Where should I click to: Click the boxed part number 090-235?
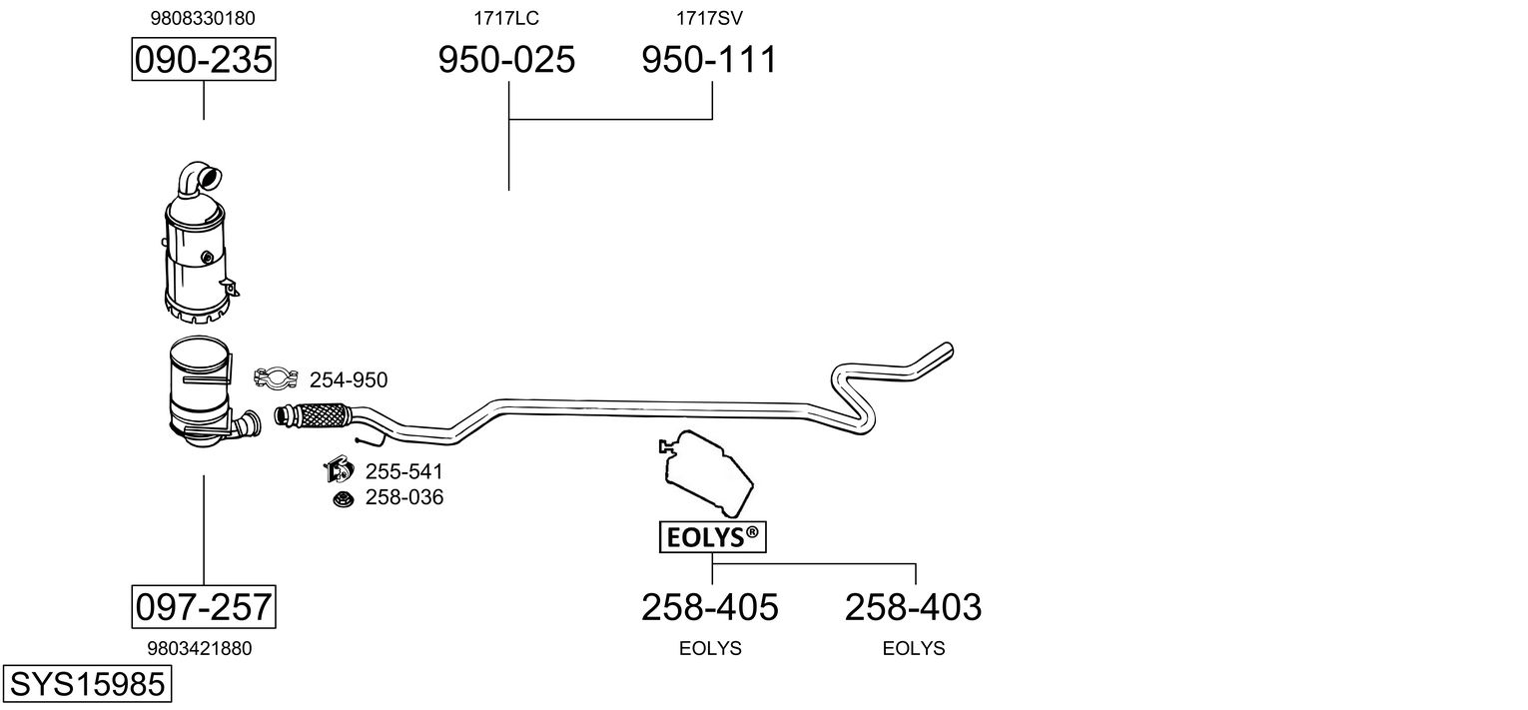point(204,60)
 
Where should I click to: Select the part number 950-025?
point(507,60)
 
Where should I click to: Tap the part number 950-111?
point(708,60)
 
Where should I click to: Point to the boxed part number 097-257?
point(204,606)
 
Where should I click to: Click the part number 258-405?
point(710,606)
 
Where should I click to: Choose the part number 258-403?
point(914,606)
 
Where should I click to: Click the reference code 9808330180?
point(203,18)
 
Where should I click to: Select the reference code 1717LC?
point(506,18)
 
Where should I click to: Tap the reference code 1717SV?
point(709,18)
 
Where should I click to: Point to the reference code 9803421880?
point(200,648)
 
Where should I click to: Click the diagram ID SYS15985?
point(87,685)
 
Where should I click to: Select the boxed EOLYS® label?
point(712,537)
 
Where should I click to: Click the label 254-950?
point(349,379)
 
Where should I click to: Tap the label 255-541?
point(403,471)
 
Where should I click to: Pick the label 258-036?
point(403,497)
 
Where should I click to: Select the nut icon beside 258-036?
point(343,497)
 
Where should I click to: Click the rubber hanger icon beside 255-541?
point(340,469)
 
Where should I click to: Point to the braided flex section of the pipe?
point(320,412)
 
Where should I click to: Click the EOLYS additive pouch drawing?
point(706,473)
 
